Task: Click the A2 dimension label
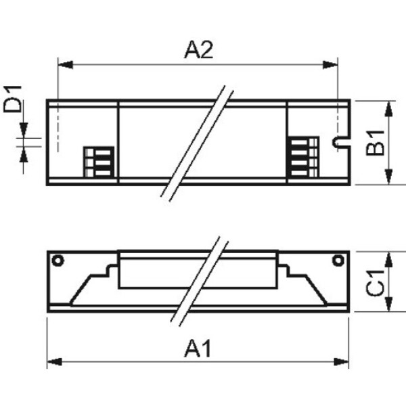pyautogui.click(x=198, y=51)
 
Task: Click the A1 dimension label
pyautogui.click(x=198, y=348)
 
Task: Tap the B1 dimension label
pyautogui.click(x=375, y=143)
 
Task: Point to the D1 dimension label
pyautogui.click(x=12, y=99)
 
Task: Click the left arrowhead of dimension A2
pyautogui.click(x=65, y=65)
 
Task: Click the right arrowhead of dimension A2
pyautogui.click(x=330, y=65)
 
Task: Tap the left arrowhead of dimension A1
pyautogui.click(x=55, y=362)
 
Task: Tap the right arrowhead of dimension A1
pyautogui.click(x=342, y=362)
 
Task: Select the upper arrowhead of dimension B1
pyautogui.click(x=388, y=109)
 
